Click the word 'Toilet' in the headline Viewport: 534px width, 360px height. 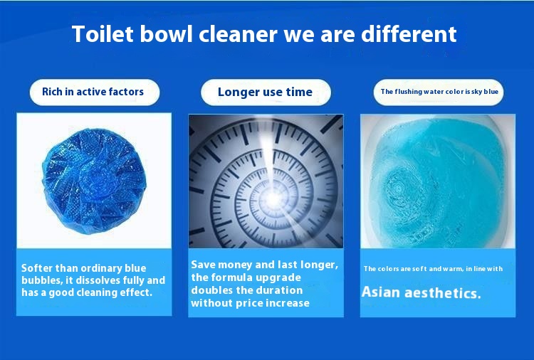coord(102,33)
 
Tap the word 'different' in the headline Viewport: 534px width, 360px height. coord(409,33)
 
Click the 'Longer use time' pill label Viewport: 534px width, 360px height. coord(265,92)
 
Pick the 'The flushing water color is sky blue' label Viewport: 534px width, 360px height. coord(439,92)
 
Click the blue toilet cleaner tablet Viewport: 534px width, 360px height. coord(94,180)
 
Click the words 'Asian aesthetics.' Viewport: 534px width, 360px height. coord(422,292)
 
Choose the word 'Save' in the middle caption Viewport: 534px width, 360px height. coord(204,265)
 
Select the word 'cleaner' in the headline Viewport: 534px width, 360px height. coord(238,33)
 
